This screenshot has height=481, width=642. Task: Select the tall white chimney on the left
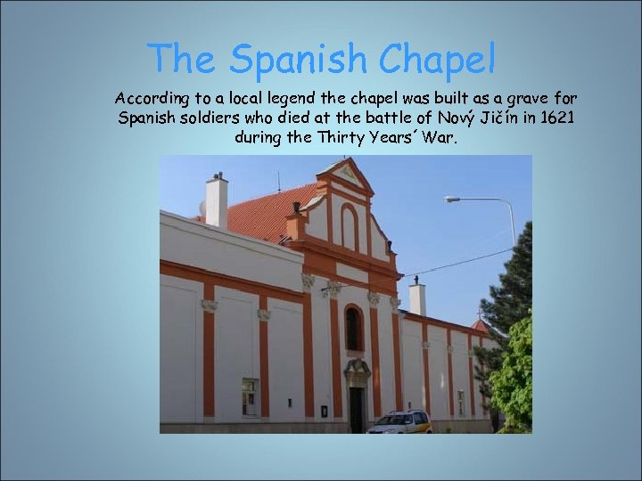[217, 200]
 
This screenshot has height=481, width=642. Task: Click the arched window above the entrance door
[355, 328]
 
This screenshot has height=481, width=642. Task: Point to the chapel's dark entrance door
[357, 407]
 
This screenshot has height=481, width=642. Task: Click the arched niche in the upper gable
[349, 228]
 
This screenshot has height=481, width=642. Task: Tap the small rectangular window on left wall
[249, 395]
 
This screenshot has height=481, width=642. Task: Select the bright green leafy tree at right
[514, 374]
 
